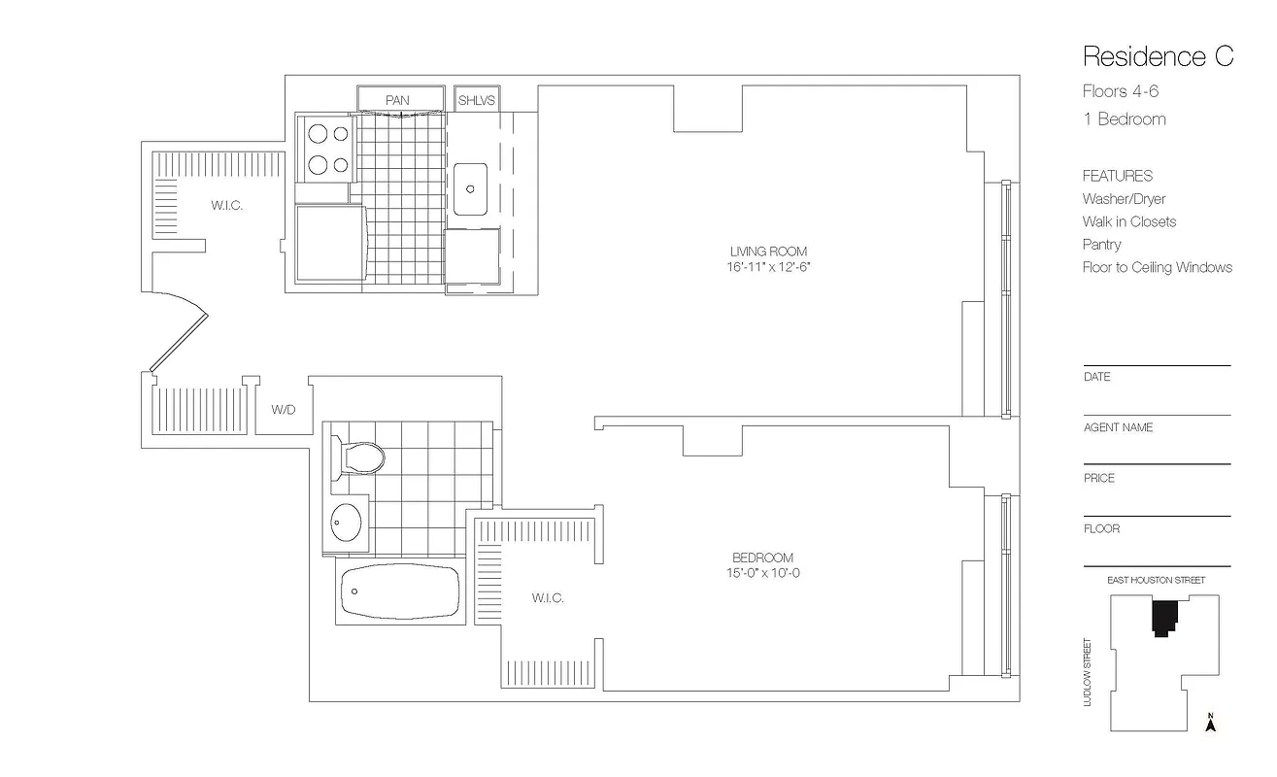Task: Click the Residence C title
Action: pos(1158,56)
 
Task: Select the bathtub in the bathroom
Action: pos(400,591)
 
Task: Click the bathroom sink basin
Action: pos(345,524)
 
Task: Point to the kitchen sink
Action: pos(470,185)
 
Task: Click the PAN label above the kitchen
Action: pos(397,100)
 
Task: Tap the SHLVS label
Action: pos(477,100)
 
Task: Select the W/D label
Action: pos(284,410)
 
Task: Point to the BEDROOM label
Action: pos(762,557)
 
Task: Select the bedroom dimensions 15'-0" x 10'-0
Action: pos(762,573)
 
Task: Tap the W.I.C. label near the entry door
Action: pos(226,206)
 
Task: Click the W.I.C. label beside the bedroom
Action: pos(548,598)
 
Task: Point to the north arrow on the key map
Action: pos(1211,723)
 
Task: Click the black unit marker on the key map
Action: pos(1164,617)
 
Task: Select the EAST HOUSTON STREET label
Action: pos(1156,580)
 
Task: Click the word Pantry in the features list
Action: pos(1101,245)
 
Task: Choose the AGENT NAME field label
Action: pos(1118,427)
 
